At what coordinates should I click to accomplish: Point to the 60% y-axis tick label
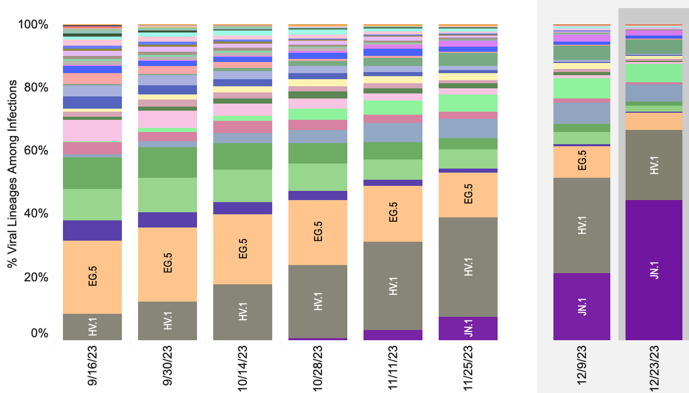click(35, 151)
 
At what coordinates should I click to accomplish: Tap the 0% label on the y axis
click(39, 334)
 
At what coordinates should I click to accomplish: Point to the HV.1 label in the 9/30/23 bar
click(167, 320)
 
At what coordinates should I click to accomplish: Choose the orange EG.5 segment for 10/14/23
click(242, 249)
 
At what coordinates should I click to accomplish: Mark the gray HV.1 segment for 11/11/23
click(393, 286)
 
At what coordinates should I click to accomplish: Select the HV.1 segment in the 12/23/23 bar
click(654, 165)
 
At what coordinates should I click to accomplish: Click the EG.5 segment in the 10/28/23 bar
click(318, 233)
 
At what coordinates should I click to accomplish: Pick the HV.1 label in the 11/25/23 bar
click(468, 269)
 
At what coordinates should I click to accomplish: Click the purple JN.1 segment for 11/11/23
click(393, 335)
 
